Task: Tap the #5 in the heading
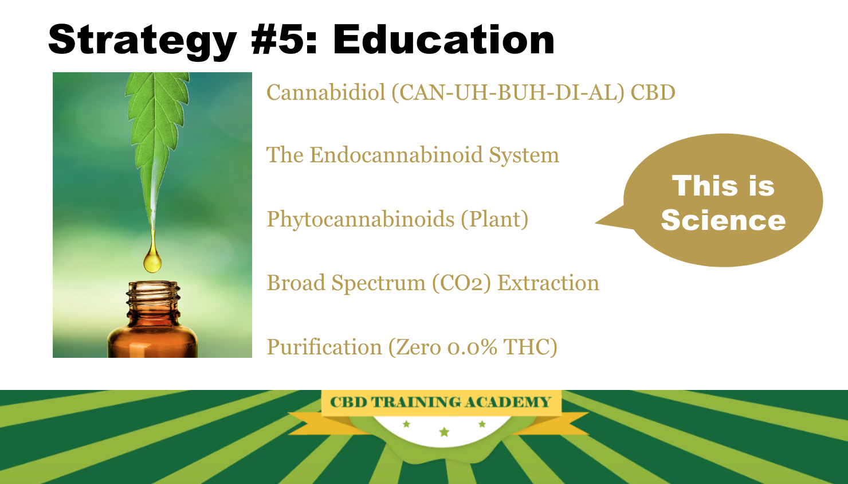pos(284,40)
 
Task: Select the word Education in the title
pos(443,40)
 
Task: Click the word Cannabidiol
pos(325,92)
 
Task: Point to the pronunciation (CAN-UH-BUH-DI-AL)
pos(508,93)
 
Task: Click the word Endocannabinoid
pos(396,155)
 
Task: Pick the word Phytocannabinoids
pos(360,220)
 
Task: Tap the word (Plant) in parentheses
pos(494,220)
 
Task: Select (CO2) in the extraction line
pos(461,283)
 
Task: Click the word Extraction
pos(548,283)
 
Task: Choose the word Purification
pos(324,347)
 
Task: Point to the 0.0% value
pos(472,348)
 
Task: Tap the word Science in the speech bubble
pos(723,220)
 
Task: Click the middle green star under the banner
pos(444,432)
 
